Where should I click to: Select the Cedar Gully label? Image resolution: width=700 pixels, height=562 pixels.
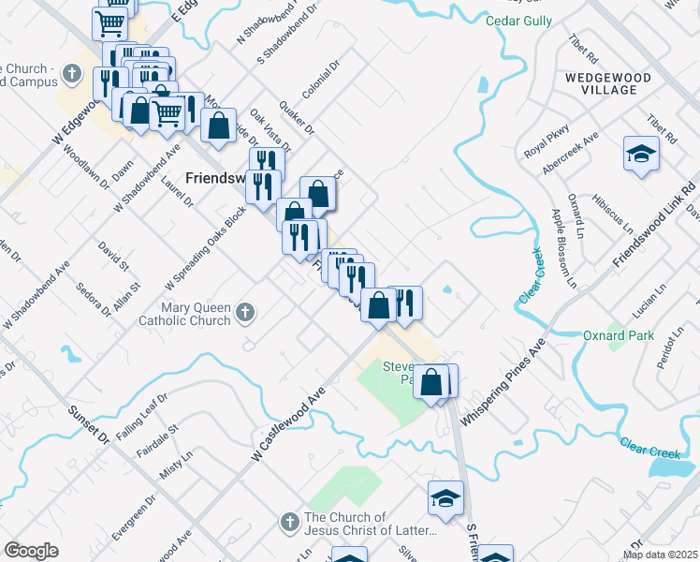tap(518, 21)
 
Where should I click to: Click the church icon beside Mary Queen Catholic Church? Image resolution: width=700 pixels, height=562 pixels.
tap(245, 312)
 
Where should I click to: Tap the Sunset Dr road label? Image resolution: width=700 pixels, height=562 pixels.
tap(89, 424)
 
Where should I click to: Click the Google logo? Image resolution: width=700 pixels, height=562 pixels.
tap(31, 551)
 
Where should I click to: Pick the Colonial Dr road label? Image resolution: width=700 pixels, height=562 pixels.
tap(320, 81)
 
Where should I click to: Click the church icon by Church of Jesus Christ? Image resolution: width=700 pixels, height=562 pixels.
tap(290, 521)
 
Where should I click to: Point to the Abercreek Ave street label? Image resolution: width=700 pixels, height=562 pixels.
tap(570, 154)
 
